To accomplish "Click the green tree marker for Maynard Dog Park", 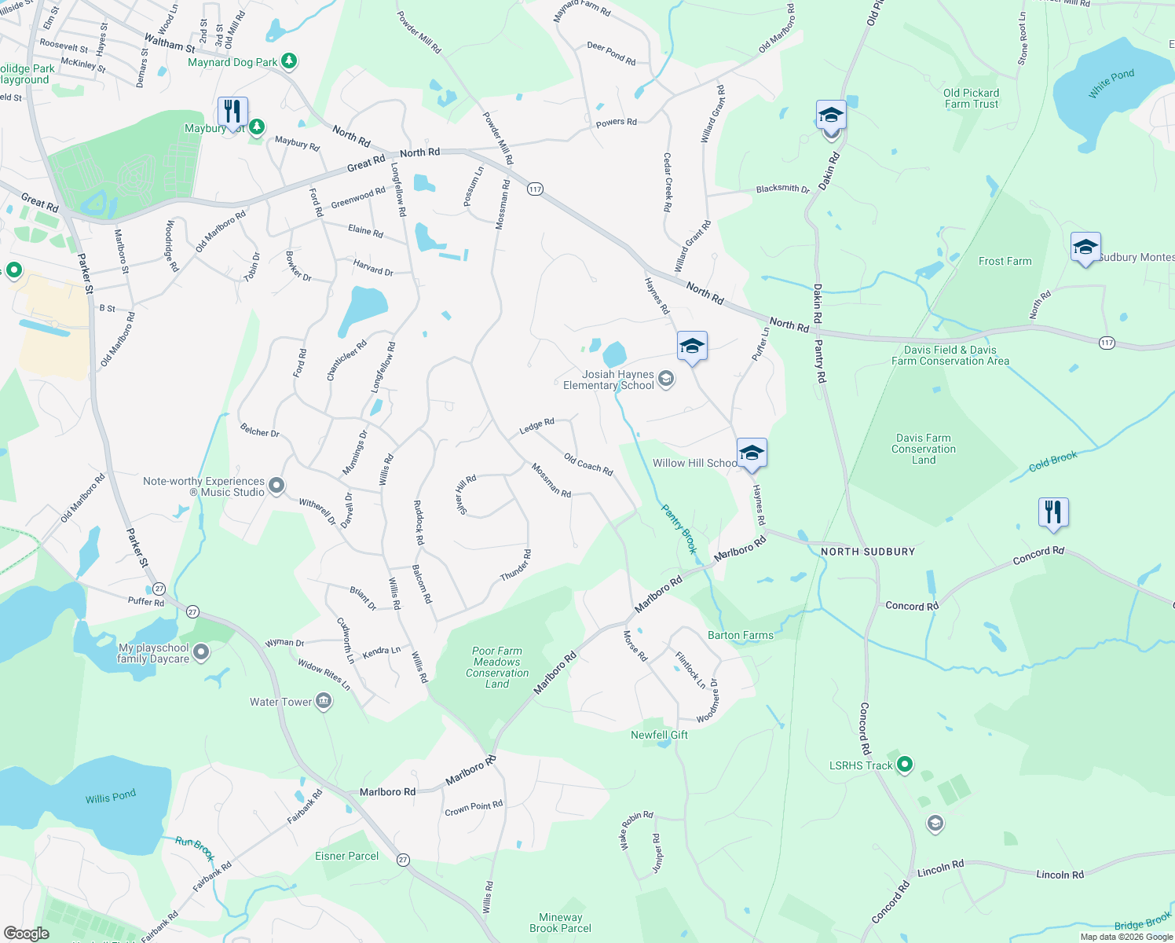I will [x=289, y=61].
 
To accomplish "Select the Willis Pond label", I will [x=111, y=797].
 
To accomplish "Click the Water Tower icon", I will [x=324, y=702].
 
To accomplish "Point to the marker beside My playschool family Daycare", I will [x=202, y=652].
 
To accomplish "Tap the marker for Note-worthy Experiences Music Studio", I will [x=276, y=486].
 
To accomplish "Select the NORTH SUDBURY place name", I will [x=868, y=552].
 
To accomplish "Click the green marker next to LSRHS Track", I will [x=905, y=764].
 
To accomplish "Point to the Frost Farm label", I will [x=1005, y=261].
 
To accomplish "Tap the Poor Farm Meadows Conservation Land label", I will [x=497, y=667].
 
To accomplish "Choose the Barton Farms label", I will [x=740, y=635].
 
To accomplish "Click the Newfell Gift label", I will [x=659, y=735].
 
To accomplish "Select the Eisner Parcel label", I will [x=346, y=856].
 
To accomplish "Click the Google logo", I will [x=27, y=933].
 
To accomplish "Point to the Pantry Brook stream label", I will [x=679, y=529].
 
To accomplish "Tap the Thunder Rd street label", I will [x=516, y=566].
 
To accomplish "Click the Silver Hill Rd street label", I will [x=466, y=495].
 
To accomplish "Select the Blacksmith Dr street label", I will [x=782, y=189].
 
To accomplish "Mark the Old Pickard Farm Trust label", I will [x=971, y=98].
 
